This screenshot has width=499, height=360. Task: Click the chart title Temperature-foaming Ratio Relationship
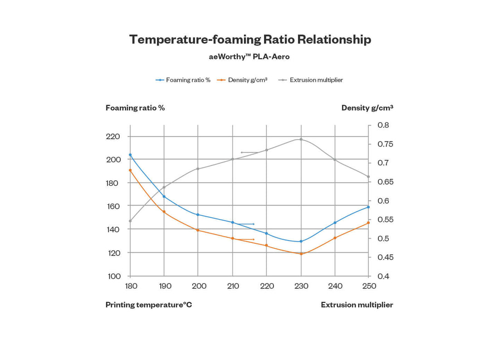click(x=250, y=39)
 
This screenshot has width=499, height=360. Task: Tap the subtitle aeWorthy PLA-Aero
click(x=249, y=57)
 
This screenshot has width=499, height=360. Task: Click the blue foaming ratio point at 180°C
click(x=130, y=155)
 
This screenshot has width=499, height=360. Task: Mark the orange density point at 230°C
click(x=301, y=253)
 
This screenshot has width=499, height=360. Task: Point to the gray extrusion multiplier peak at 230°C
click(x=301, y=139)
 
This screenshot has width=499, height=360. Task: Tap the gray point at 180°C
click(x=130, y=221)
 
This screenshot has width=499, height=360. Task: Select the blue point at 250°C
click(x=368, y=207)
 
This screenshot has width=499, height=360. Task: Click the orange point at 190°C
click(x=164, y=212)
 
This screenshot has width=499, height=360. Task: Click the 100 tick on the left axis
click(x=114, y=276)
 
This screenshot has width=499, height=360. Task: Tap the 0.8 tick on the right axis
click(x=383, y=125)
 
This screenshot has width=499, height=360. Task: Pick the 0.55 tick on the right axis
click(x=385, y=219)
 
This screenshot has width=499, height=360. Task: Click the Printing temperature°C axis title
click(x=149, y=305)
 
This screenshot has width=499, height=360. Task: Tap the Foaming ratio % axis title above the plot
click(x=135, y=108)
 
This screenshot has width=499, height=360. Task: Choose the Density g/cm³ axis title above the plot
click(x=367, y=108)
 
